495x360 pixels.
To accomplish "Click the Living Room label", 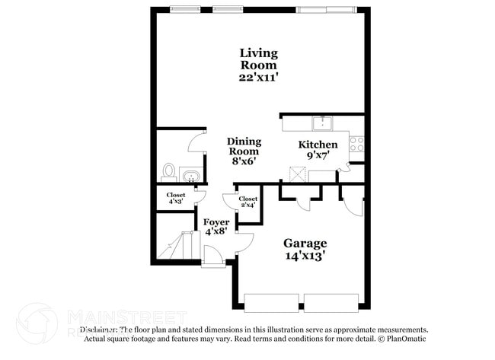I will (x=259, y=59).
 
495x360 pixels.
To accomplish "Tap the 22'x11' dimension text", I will (x=259, y=77).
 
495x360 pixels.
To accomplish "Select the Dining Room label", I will (x=244, y=146).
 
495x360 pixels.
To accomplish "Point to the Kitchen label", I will (x=318, y=145).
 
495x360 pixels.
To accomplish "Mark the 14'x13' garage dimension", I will (x=305, y=256).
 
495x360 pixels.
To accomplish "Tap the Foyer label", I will (x=216, y=223).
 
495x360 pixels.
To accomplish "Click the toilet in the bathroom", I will (x=169, y=170).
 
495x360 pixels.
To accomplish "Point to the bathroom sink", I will (x=192, y=177).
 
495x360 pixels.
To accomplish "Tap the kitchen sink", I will (x=322, y=123).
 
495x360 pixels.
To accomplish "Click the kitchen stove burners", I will (x=356, y=142).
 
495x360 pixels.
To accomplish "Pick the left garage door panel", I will (x=271, y=301).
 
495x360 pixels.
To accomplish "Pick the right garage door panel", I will (x=331, y=301).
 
